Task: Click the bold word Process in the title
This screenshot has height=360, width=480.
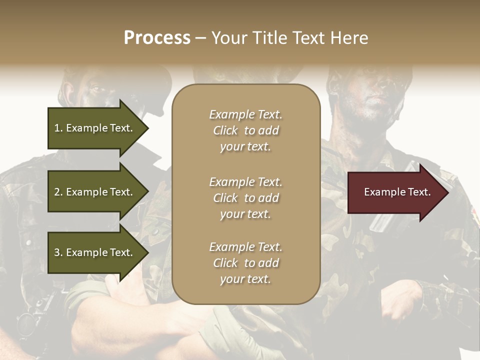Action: click(157, 38)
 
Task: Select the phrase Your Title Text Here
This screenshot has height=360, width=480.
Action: click(290, 38)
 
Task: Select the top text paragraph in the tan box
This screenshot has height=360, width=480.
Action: click(245, 130)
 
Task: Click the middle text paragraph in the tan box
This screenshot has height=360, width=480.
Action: click(245, 198)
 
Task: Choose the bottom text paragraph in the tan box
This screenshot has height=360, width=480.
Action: click(245, 263)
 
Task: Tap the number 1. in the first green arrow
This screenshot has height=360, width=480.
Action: click(58, 128)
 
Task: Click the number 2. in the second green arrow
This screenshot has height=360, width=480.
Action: click(58, 192)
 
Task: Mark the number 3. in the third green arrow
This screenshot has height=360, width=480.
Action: click(58, 252)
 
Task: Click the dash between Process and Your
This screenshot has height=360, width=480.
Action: click(201, 38)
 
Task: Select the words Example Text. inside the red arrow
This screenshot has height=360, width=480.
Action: click(397, 192)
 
